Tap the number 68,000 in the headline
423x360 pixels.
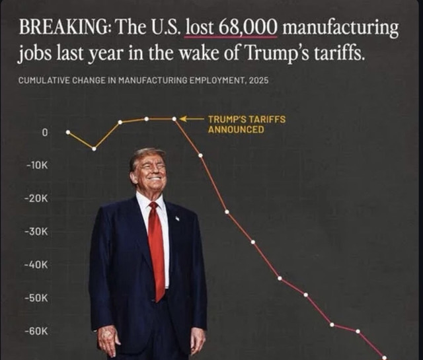click(x=249, y=28)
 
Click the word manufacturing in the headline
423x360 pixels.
click(x=340, y=28)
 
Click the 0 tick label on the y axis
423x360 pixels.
click(x=45, y=133)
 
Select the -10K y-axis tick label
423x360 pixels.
click(x=37, y=166)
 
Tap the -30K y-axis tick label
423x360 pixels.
click(x=37, y=232)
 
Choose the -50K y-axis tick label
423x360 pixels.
click(x=37, y=299)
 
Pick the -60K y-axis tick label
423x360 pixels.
click(x=37, y=331)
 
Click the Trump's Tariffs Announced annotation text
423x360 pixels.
click(x=247, y=124)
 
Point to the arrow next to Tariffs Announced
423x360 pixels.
click(x=192, y=119)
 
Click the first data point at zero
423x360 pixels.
click(x=68, y=132)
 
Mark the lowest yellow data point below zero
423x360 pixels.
click(x=94, y=149)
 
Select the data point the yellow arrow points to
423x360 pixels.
click(x=174, y=119)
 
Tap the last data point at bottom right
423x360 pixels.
click(x=384, y=357)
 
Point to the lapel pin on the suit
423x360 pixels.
click(x=177, y=218)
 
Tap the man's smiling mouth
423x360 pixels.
click(x=155, y=178)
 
